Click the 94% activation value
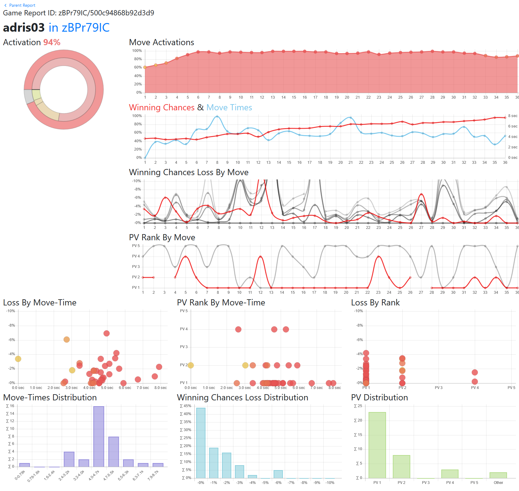point(52,42)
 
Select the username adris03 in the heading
point(24,28)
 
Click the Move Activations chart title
point(162,42)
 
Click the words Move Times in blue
point(229,108)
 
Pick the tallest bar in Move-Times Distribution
point(99,436)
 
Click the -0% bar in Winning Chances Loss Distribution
point(201,443)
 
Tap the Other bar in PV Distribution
point(498,475)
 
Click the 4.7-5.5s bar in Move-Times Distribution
point(114,452)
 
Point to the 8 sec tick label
point(513,116)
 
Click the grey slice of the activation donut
point(29,96)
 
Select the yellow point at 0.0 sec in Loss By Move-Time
point(18,359)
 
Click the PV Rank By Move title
point(162,238)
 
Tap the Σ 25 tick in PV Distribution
point(358,406)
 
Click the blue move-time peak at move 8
point(217,116)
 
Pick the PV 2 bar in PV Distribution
point(401,466)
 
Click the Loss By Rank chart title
point(375,303)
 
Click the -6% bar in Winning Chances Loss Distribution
point(278,474)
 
